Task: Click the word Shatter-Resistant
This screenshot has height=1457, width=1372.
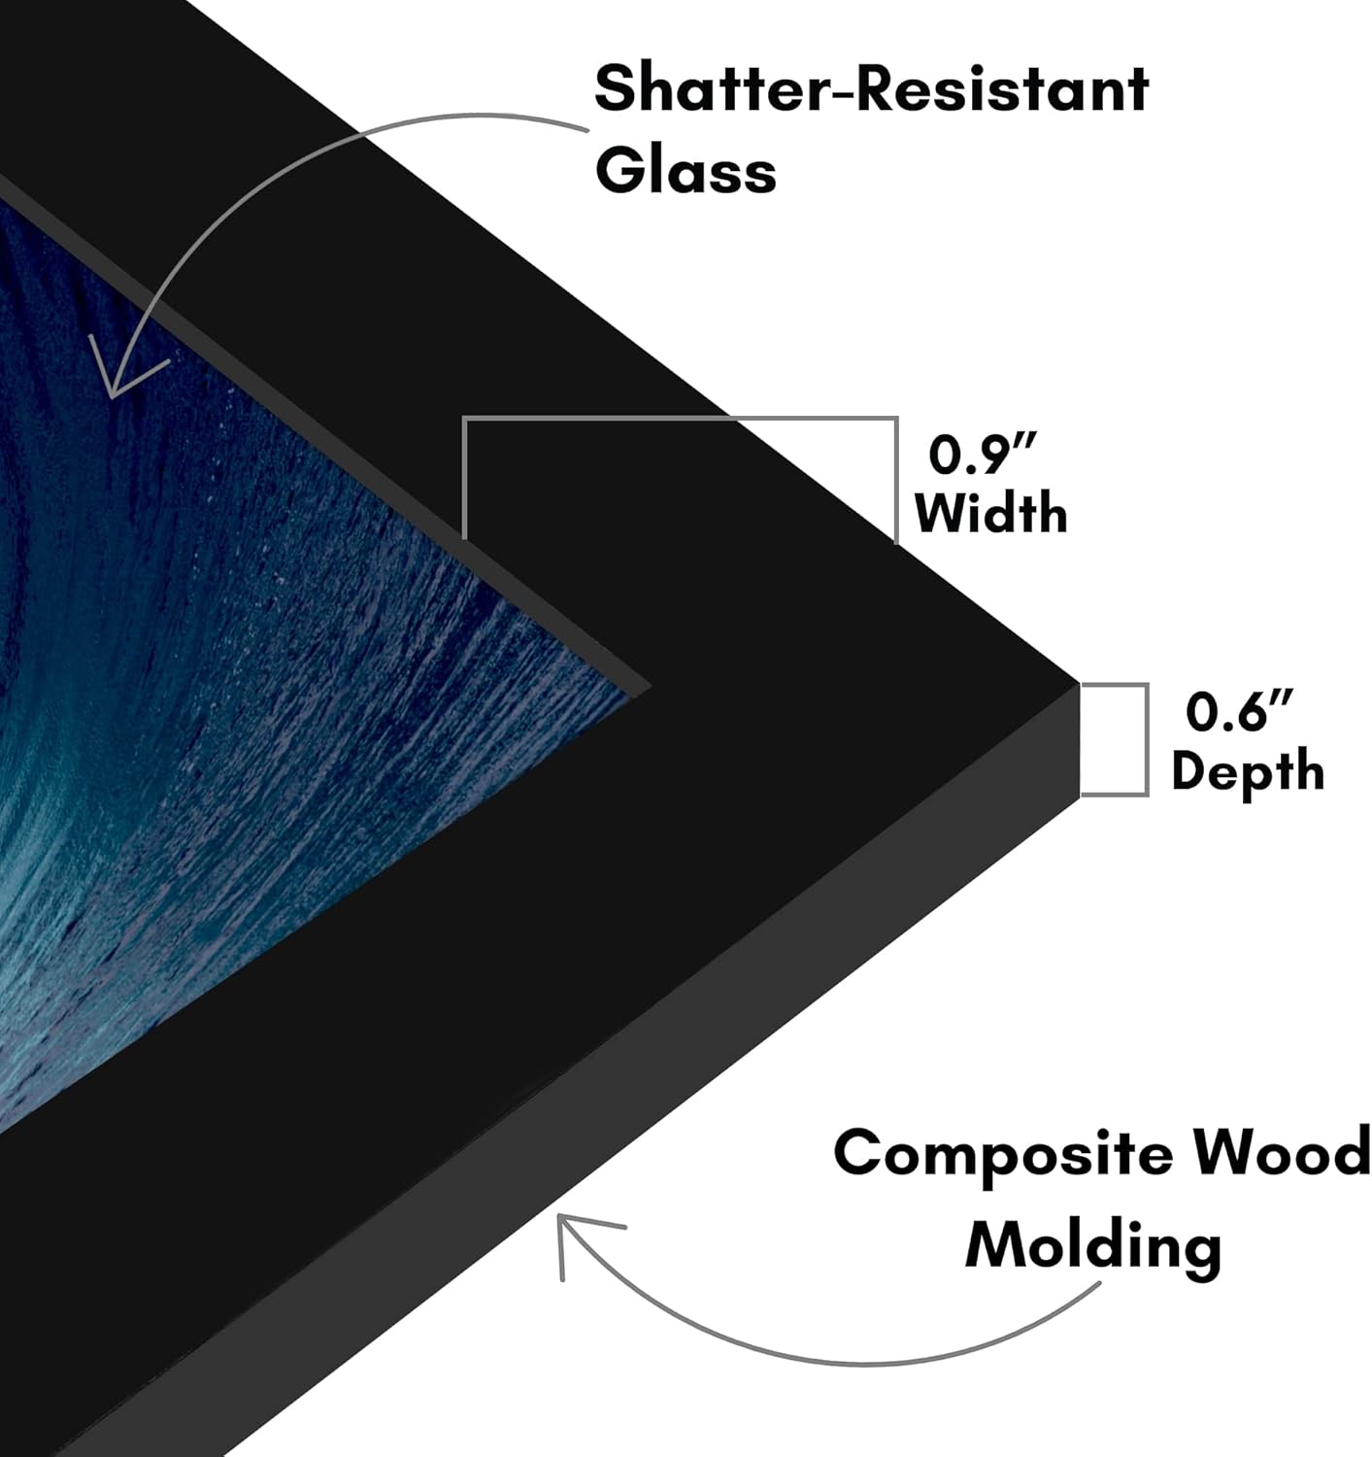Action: click(872, 88)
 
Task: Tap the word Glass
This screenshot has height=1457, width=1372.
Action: click(686, 169)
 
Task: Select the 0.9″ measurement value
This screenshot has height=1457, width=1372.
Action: click(983, 455)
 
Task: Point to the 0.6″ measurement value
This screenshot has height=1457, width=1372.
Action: click(1239, 711)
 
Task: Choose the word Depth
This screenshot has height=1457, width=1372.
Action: click(1248, 771)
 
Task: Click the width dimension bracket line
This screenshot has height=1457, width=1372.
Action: click(680, 419)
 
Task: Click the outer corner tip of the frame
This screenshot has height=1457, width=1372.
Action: click(1080, 685)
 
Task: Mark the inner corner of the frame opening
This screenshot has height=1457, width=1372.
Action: click(651, 688)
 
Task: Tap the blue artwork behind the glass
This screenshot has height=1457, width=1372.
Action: click(256, 661)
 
